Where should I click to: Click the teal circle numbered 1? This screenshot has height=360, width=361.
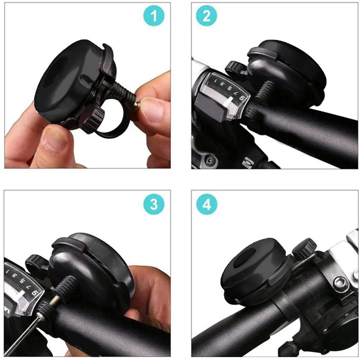tap(154, 16)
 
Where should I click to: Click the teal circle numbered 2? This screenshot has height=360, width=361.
tap(207, 16)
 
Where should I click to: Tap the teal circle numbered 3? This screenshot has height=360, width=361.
tap(154, 204)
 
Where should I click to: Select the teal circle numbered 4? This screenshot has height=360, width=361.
tap(207, 205)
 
